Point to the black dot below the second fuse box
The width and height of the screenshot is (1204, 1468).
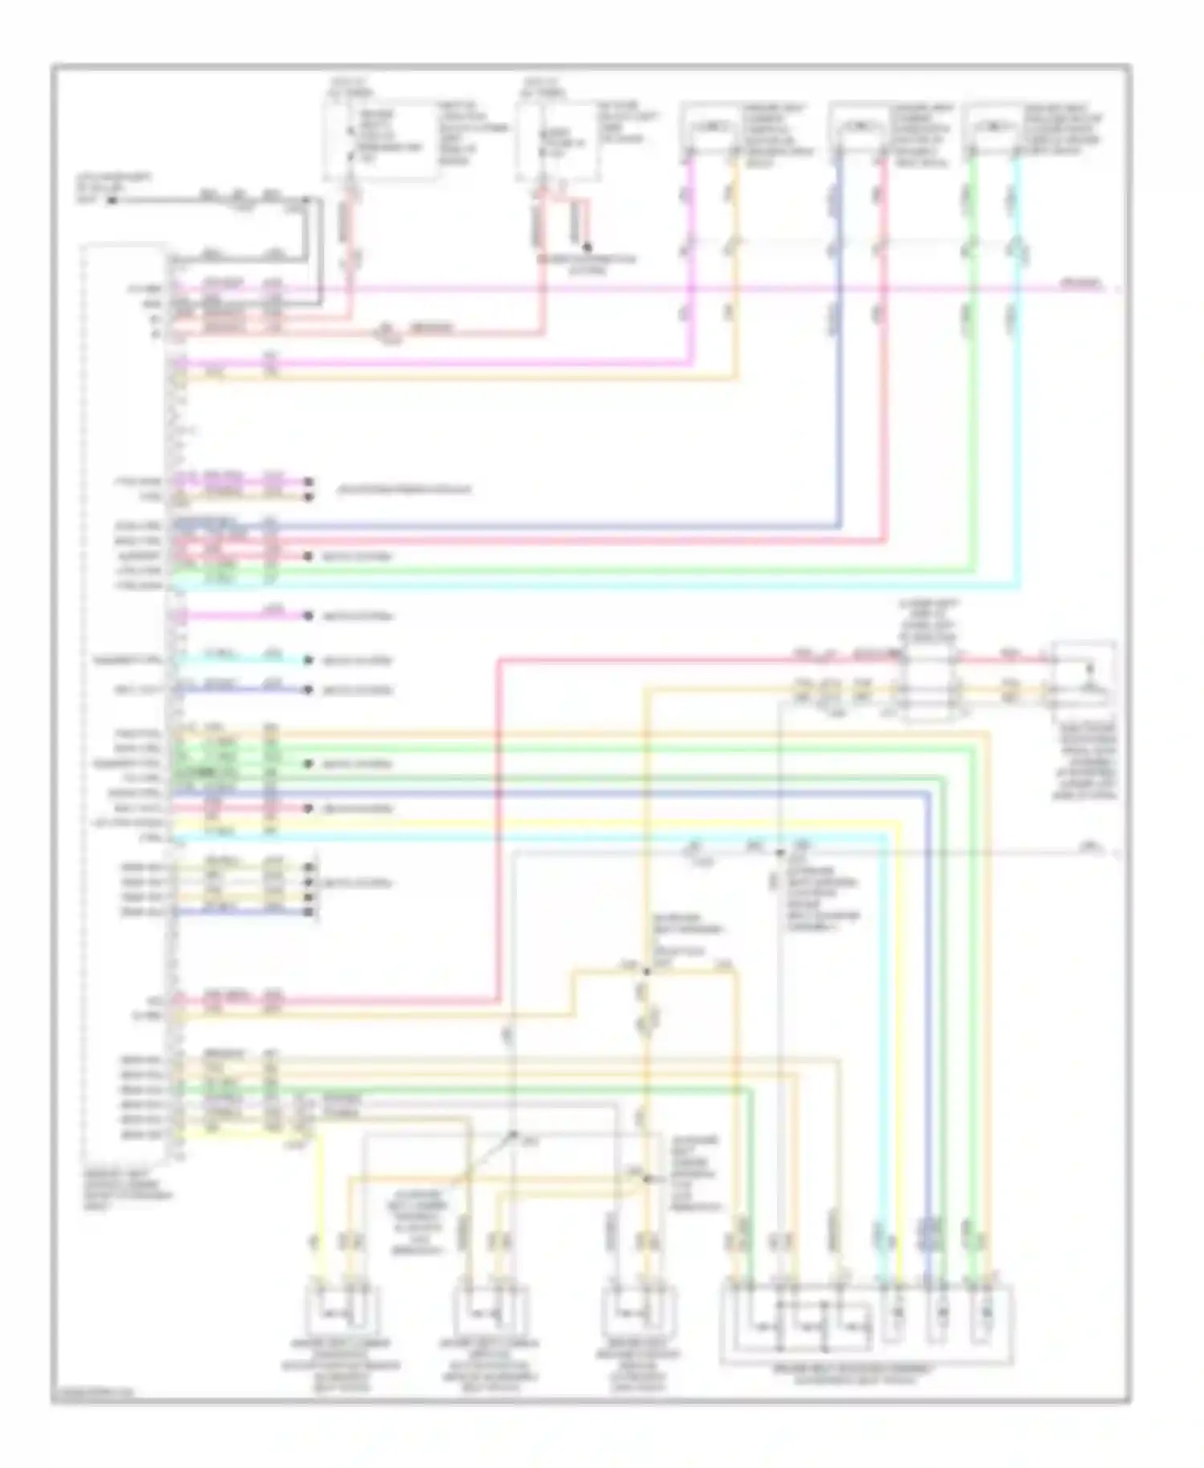pos(588,247)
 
